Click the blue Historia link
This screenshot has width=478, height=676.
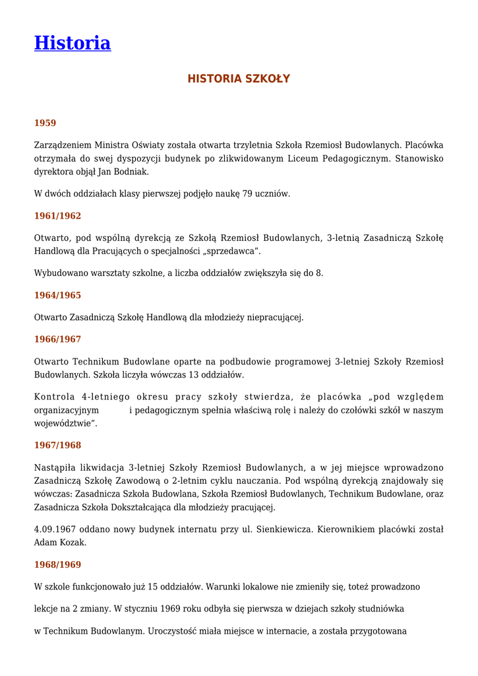click(x=73, y=43)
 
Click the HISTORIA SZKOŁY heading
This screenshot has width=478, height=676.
click(x=239, y=79)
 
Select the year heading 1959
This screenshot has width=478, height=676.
click(x=45, y=123)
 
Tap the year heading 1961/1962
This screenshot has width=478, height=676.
click(x=57, y=216)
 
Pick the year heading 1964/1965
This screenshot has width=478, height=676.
click(x=57, y=295)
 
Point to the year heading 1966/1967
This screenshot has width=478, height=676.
click(x=57, y=339)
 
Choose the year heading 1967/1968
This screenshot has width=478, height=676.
click(x=57, y=445)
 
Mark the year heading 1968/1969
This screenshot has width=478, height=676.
click(x=57, y=564)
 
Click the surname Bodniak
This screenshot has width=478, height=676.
click(x=131, y=172)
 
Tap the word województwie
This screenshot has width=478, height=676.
click(x=65, y=423)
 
